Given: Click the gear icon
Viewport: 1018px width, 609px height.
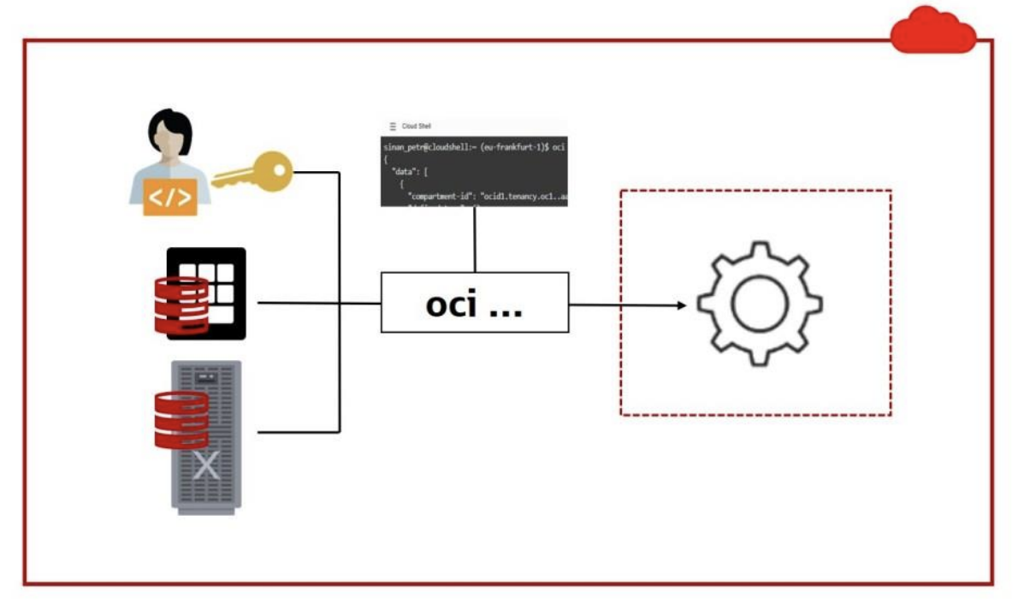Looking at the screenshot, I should click(759, 304).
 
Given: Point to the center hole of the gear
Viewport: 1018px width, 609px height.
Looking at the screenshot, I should click(759, 304).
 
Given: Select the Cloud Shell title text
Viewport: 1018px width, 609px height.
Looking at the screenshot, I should click(417, 126).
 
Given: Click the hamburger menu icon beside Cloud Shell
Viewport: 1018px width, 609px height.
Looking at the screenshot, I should click(393, 126).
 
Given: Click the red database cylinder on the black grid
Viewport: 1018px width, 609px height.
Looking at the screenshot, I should click(181, 304).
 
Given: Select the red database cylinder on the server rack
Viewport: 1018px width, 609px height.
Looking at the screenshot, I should click(181, 419).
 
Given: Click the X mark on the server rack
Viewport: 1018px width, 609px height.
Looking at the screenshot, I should click(205, 466).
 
